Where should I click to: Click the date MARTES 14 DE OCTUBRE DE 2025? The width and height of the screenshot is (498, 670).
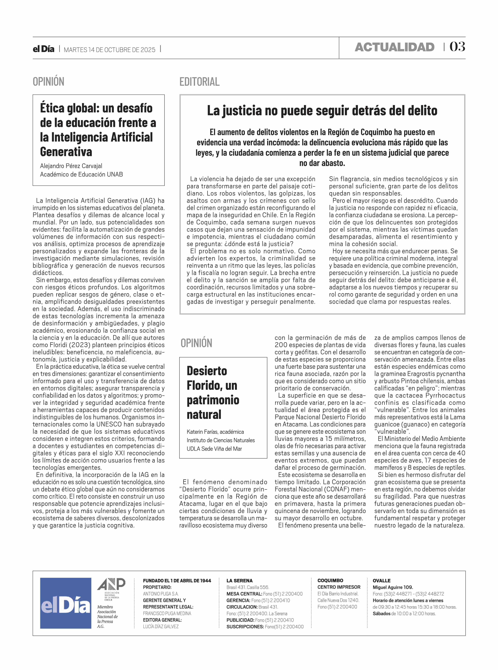click(109, 50)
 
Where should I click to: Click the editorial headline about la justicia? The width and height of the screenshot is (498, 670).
click(322, 111)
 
